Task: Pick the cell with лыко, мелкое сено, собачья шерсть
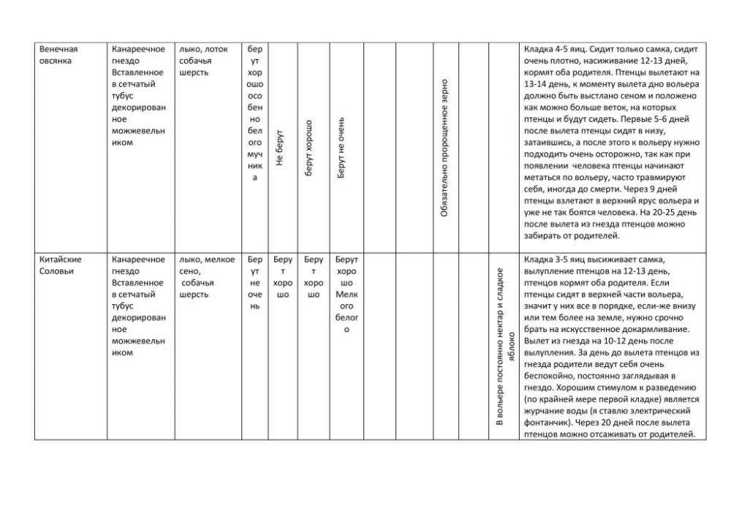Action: click(x=207, y=277)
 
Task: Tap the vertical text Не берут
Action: click(x=280, y=147)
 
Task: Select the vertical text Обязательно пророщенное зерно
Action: click(x=444, y=147)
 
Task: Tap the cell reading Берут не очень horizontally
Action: click(x=254, y=283)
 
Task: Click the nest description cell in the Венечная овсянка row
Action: click(x=139, y=96)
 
